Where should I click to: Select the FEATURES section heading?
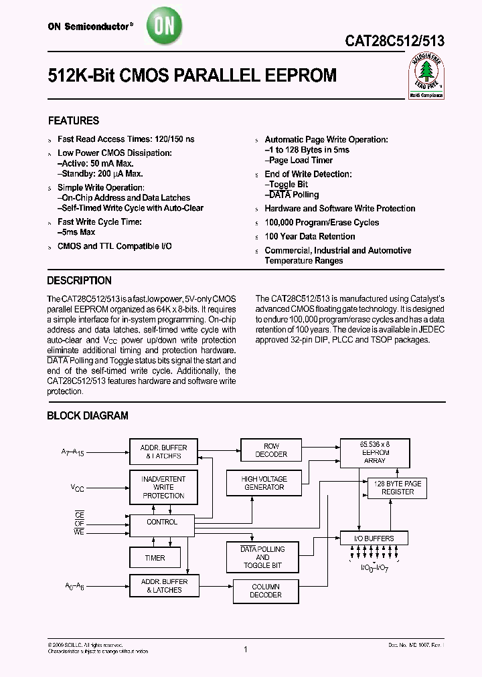pyautogui.click(x=74, y=121)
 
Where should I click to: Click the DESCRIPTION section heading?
pyautogui.click(x=79, y=281)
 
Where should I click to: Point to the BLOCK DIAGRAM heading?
pyautogui.click(x=87, y=416)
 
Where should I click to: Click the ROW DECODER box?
pyautogui.click(x=271, y=450)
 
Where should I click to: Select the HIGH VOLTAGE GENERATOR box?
pyautogui.click(x=264, y=483)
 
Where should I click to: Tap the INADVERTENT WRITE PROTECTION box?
pyautogui.click(x=163, y=487)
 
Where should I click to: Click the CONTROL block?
pyautogui.click(x=161, y=522)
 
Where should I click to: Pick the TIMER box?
pyautogui.click(x=155, y=558)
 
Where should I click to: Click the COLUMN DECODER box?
pyautogui.click(x=266, y=591)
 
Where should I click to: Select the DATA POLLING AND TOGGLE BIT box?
pyautogui.click(x=262, y=557)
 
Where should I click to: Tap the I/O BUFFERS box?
pyautogui.click(x=374, y=538)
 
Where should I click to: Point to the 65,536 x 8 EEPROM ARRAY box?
pyautogui.click(x=374, y=452)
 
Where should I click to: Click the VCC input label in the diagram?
pyautogui.click(x=78, y=488)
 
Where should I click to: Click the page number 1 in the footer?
pyautogui.click(x=246, y=649)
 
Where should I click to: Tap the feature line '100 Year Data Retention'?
pyautogui.click(x=309, y=237)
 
